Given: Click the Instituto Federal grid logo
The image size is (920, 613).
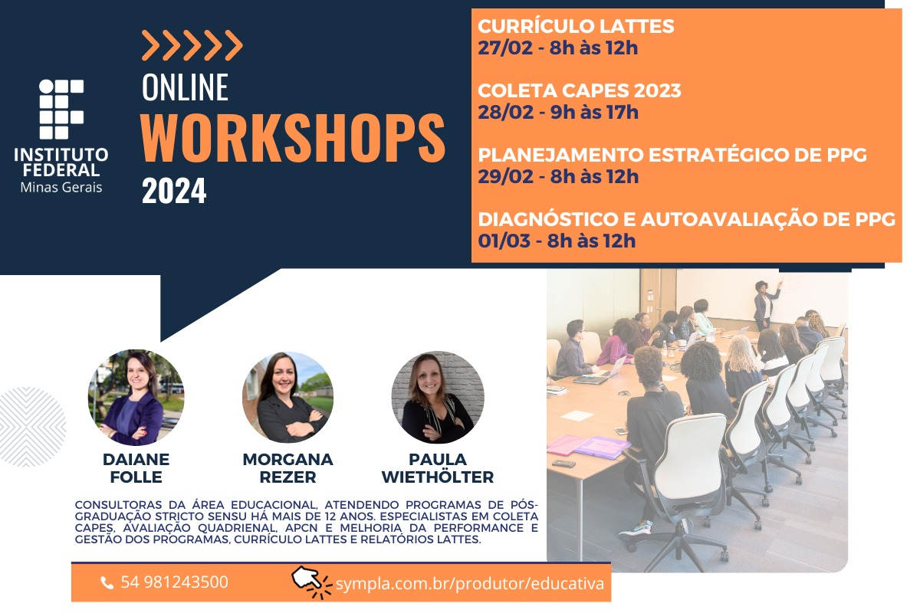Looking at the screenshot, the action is (61, 109).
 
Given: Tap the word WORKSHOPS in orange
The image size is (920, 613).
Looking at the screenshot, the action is (293, 138).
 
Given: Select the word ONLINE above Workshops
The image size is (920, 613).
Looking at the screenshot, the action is (185, 87).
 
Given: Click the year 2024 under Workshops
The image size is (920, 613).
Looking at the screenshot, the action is (174, 191).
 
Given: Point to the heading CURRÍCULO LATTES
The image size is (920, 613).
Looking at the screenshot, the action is (576, 26).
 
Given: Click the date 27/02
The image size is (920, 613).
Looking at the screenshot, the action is (504, 48).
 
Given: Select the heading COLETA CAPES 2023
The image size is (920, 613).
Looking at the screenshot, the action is (579, 90).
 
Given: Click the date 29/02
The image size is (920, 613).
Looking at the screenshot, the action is (505, 177).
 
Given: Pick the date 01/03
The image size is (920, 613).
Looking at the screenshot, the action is (504, 241).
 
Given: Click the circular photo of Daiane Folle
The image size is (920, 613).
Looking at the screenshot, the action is (136, 397).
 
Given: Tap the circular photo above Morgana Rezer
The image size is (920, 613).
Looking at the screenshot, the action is (287, 397).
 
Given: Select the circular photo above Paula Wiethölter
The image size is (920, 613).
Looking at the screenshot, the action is (438, 397).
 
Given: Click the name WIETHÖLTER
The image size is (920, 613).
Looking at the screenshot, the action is (438, 477).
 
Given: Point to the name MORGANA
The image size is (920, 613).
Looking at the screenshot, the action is (287, 460).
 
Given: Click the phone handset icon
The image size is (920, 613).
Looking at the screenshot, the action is (107, 583).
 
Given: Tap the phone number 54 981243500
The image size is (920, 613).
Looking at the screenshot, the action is (174, 582).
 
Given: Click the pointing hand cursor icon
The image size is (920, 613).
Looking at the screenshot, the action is (311, 582).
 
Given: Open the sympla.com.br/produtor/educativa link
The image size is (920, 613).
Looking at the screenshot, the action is (470, 584).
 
